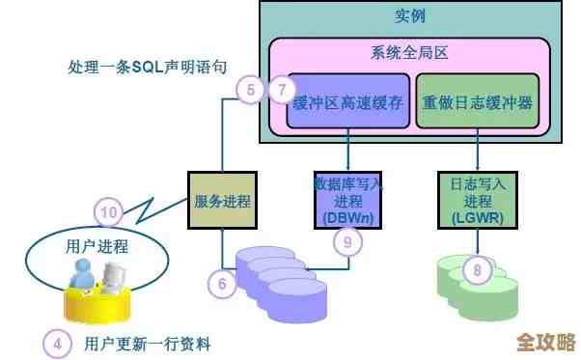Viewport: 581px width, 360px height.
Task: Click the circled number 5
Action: [251, 91]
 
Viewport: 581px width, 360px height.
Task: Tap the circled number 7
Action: [281, 91]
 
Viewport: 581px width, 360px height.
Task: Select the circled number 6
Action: [222, 283]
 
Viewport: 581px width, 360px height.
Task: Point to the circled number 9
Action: [347, 241]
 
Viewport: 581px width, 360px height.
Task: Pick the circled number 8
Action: [476, 270]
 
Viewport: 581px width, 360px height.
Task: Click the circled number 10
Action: [109, 211]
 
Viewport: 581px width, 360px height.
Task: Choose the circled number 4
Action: [58, 343]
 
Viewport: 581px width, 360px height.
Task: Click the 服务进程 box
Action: [222, 201]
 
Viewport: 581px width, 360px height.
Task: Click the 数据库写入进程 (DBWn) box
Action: [347, 200]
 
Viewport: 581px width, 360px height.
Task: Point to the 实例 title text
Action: [410, 16]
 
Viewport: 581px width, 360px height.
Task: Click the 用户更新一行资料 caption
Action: [148, 343]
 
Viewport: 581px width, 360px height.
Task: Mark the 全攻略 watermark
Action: [545, 343]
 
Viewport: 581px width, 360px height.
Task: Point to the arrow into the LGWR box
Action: [477, 154]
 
